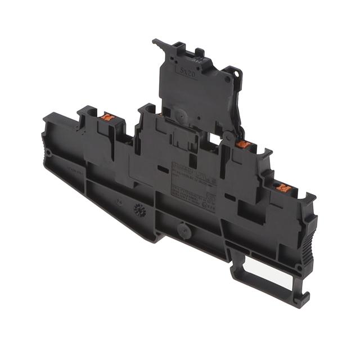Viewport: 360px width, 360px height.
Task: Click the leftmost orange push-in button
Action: [108, 118]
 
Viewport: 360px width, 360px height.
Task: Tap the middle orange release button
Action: [243, 145]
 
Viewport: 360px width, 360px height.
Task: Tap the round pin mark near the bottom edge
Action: [182, 229]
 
